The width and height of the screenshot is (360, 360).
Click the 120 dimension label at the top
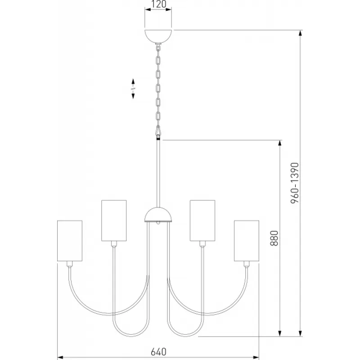click(158, 4)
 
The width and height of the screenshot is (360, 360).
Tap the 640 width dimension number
click(158, 352)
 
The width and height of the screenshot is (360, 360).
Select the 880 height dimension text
click(274, 238)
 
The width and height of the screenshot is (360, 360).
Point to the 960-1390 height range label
click(295, 183)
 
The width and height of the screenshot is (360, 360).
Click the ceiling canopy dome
click(158, 36)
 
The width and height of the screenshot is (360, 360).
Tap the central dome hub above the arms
click(158, 214)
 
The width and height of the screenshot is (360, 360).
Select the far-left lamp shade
click(70, 241)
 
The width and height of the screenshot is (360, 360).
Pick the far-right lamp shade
click(247, 241)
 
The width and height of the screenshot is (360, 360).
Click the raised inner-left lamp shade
click(114, 220)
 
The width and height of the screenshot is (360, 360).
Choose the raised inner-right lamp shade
click(202, 220)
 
